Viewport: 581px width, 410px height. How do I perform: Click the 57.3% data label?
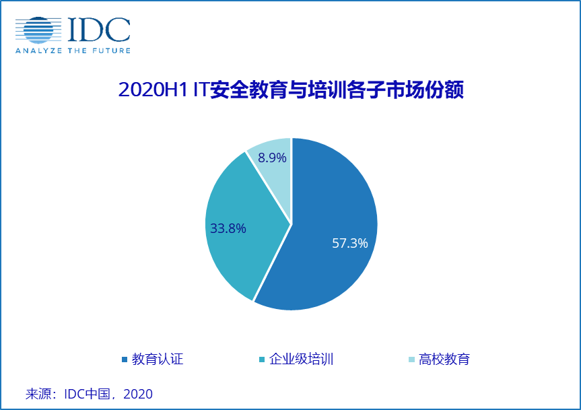(350, 243)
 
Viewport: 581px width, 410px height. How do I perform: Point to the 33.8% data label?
(228, 228)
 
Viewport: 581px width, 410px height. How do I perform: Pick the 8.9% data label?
(272, 158)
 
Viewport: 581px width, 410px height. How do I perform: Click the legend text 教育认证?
(158, 359)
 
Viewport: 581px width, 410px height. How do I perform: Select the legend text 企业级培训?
(301, 359)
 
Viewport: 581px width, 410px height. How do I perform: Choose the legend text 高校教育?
(444, 359)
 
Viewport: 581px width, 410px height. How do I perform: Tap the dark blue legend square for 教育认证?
(125, 360)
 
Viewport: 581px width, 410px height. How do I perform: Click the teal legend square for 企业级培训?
(262, 360)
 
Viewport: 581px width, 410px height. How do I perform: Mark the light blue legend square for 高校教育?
(411, 360)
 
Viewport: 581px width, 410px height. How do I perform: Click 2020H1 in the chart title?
(153, 90)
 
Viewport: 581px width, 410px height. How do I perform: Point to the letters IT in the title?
(201, 90)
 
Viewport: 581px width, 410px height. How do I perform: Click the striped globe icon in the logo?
(38, 30)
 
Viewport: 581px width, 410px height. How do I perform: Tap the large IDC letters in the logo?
(99, 30)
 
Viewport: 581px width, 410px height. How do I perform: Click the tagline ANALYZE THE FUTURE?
(73, 50)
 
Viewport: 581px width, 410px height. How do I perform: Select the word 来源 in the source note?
(38, 394)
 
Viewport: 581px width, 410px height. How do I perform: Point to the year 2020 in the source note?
(138, 394)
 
